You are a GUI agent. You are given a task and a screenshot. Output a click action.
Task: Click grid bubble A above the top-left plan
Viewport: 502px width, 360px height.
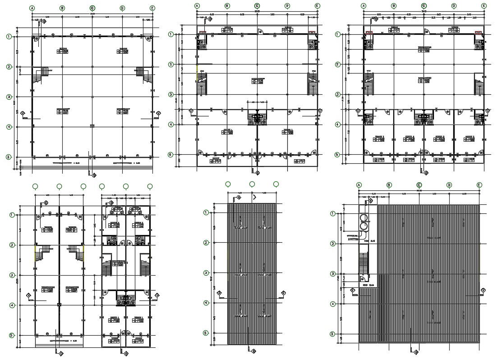click(x=32, y=8)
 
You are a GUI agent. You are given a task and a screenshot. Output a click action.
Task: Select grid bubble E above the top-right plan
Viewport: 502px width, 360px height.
click(x=484, y=6)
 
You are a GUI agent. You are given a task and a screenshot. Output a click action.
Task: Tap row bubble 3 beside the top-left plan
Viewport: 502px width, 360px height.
click(x=9, y=97)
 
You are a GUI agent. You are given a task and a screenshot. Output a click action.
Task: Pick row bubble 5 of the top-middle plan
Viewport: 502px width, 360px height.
click(x=170, y=155)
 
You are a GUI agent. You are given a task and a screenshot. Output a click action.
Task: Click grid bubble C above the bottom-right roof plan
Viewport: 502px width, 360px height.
click(x=419, y=185)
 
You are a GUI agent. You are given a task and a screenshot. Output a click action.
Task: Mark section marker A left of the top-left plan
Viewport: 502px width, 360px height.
click(x=29, y=113)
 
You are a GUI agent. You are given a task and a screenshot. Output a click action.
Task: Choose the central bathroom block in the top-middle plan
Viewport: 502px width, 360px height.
click(x=257, y=119)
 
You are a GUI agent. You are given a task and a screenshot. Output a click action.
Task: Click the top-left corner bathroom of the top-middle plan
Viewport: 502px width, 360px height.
click(x=201, y=45)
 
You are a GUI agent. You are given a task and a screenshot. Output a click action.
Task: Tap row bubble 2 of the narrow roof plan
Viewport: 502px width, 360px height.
click(x=206, y=243)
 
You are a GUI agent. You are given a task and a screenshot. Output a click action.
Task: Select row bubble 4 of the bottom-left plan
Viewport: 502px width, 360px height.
click(x=12, y=305)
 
